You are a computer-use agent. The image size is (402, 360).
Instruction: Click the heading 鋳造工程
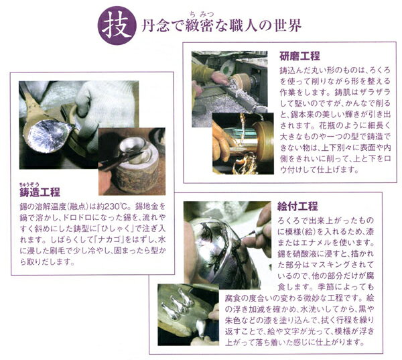[x=40, y=192]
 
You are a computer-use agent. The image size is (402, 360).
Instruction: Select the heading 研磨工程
[x=299, y=56]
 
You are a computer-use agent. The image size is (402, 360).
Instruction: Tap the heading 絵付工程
[x=297, y=206]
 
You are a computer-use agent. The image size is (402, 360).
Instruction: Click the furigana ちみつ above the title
[x=202, y=14]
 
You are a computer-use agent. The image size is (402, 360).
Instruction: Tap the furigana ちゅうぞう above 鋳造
[x=29, y=184]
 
